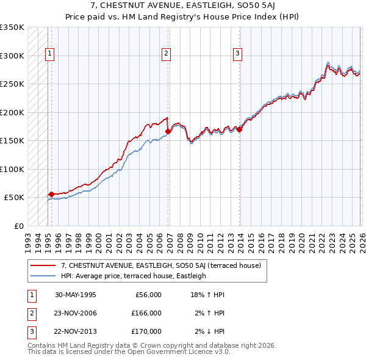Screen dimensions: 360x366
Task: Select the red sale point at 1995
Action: click(x=51, y=194)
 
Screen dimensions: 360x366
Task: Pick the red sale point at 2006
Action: click(x=168, y=131)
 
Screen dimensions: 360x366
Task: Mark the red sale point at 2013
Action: click(x=240, y=129)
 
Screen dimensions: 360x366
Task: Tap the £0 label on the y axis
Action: click(x=18, y=226)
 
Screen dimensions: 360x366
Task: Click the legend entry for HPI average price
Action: click(x=134, y=276)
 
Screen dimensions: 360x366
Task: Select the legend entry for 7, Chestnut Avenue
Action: click(x=161, y=265)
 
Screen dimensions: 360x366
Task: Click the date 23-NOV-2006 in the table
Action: click(x=76, y=313)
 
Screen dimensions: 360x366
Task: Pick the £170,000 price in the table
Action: click(x=146, y=331)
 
